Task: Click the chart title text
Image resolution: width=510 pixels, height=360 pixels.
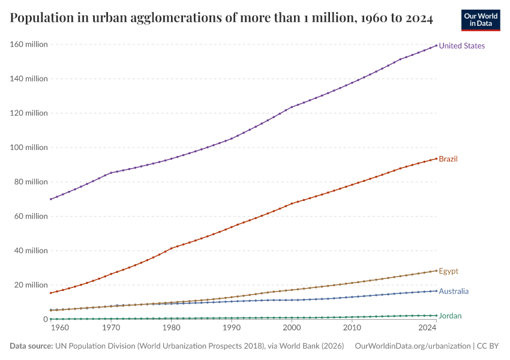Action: tap(221, 19)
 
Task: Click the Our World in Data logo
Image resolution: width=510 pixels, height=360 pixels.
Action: tap(480, 20)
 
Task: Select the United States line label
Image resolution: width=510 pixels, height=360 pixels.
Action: tap(461, 46)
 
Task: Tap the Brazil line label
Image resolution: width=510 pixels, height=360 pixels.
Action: tap(448, 159)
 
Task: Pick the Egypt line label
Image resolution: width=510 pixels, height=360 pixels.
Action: tap(448, 271)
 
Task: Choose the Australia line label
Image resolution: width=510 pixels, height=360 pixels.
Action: tap(454, 291)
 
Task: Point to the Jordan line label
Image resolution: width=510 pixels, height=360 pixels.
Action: tap(450, 316)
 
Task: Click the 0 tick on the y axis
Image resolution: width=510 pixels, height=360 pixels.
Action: tap(45, 319)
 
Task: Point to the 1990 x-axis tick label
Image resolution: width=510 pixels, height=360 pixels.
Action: tap(232, 329)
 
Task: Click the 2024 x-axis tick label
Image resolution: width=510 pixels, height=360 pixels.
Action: tap(427, 329)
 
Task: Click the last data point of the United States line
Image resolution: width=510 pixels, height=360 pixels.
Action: tap(436, 46)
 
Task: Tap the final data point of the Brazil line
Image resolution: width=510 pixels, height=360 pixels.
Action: tap(436, 158)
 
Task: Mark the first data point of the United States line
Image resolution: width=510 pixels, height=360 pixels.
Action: tap(50, 199)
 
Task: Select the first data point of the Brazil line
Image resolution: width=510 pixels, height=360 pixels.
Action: tap(50, 293)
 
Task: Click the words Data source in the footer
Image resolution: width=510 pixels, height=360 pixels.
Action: tap(31, 346)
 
